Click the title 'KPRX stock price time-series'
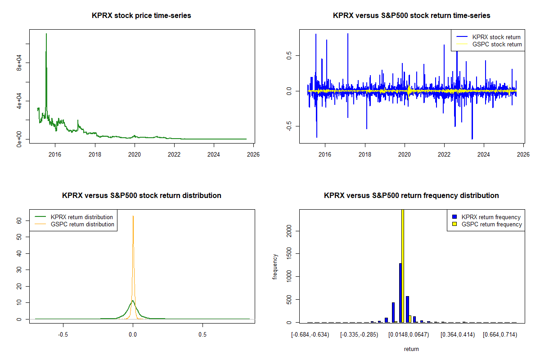[141, 16]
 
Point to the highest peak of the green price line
[46, 34]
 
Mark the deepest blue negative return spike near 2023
[472, 139]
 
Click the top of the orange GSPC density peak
[133, 216]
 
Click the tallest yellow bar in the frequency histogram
[403, 265]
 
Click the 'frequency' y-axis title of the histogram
[275, 266]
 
